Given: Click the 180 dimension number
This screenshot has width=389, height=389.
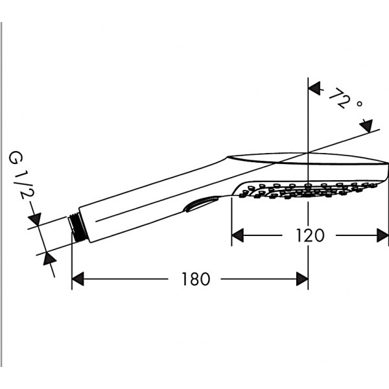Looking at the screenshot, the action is [196, 279].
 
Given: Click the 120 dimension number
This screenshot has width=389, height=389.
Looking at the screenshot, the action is [310, 235].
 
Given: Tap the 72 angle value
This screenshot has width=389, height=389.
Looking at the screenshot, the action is [340, 99].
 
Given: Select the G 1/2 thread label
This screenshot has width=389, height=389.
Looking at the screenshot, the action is [21, 176].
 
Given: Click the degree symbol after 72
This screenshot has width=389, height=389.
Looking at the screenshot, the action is [359, 104].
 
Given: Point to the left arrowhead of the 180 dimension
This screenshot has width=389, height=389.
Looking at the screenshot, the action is [78, 279].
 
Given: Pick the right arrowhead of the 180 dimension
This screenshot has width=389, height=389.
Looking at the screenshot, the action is [302, 279].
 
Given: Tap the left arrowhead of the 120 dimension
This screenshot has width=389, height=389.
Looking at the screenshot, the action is [237, 235].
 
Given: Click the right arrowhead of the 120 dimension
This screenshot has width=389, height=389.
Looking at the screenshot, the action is [383, 235].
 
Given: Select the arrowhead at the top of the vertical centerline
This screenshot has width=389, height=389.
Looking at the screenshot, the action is [314, 89].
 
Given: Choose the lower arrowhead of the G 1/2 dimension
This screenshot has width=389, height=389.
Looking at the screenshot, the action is [49, 259].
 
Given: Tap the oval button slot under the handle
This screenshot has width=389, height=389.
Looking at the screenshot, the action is [200, 204].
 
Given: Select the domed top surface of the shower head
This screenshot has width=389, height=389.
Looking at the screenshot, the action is [307, 158].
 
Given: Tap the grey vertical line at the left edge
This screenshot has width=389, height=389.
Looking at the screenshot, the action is [2, 193].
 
